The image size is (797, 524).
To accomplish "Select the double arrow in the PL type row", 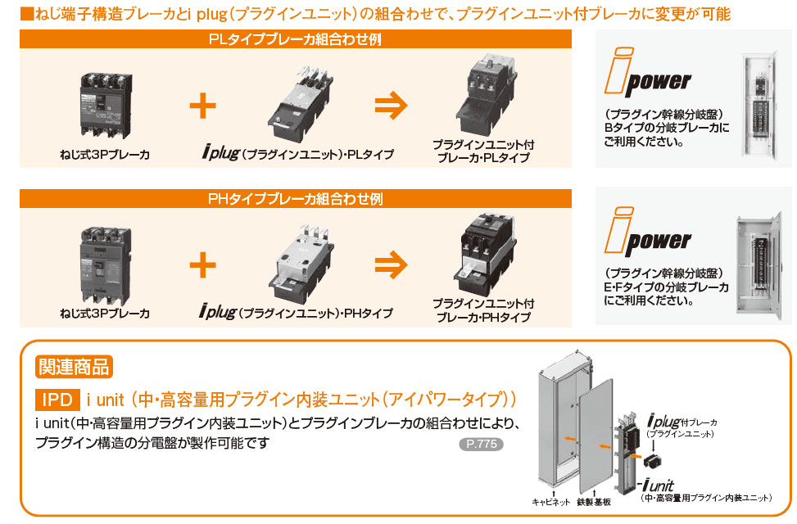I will point(391,106).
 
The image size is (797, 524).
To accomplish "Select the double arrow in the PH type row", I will point(391,265).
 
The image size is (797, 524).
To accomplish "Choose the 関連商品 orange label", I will point(73,366).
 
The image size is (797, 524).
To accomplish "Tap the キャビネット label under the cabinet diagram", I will point(550,502).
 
